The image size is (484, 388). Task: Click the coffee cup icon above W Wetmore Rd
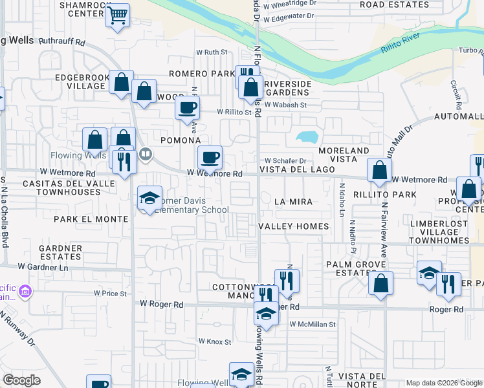(x=209, y=157)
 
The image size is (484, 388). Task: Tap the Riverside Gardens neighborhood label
(x=288, y=88)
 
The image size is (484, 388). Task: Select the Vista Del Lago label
(x=297, y=169)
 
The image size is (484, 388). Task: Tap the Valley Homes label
(x=293, y=226)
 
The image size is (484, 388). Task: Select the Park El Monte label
(x=91, y=219)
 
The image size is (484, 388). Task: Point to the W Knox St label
(x=214, y=341)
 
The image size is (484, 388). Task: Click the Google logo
(x=21, y=380)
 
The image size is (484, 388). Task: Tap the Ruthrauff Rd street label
(x=62, y=41)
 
